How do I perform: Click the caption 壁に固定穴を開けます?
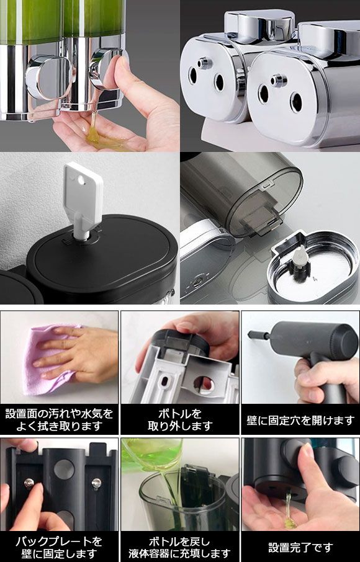300,420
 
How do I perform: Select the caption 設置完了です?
300,547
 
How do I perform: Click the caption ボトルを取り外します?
181,420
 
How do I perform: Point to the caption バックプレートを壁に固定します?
59,547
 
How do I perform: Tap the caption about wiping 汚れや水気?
59,420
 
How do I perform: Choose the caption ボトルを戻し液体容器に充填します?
181,547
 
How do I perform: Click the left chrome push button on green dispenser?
48,77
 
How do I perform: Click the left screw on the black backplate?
29,483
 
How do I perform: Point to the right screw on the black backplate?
96,483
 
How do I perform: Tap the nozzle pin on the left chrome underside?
204,63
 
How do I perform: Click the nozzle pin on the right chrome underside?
278,80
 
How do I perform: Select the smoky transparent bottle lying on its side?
240,194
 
